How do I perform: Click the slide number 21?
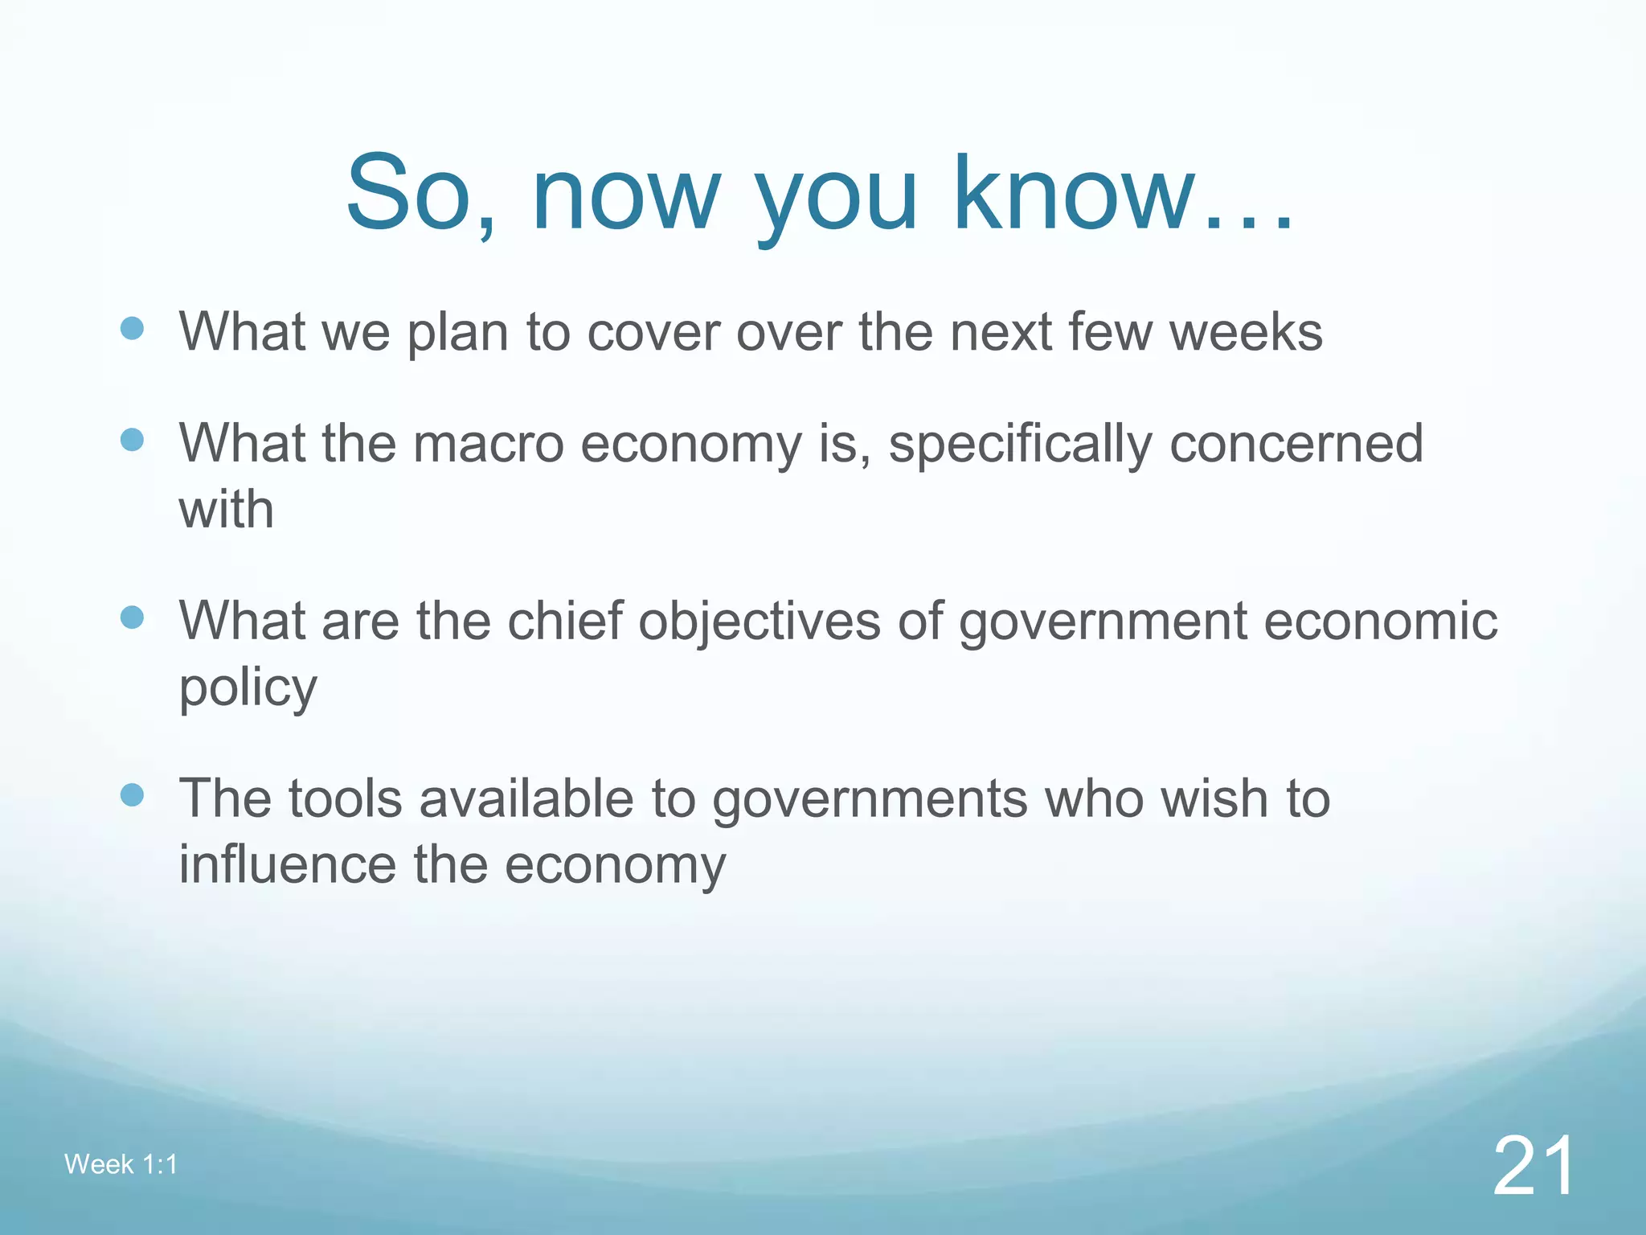point(1533,1167)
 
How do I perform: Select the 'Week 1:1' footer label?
point(121,1164)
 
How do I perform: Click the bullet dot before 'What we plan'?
point(132,328)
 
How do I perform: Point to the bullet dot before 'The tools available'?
point(132,795)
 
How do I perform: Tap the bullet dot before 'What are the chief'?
point(132,617)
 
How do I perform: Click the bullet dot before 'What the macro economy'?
point(132,440)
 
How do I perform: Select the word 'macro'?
point(488,444)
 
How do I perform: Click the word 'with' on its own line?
point(226,510)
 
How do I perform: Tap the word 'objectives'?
point(760,622)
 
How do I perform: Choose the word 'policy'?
point(248,688)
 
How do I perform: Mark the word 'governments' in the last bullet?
point(870,799)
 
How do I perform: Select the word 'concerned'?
point(1296,444)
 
